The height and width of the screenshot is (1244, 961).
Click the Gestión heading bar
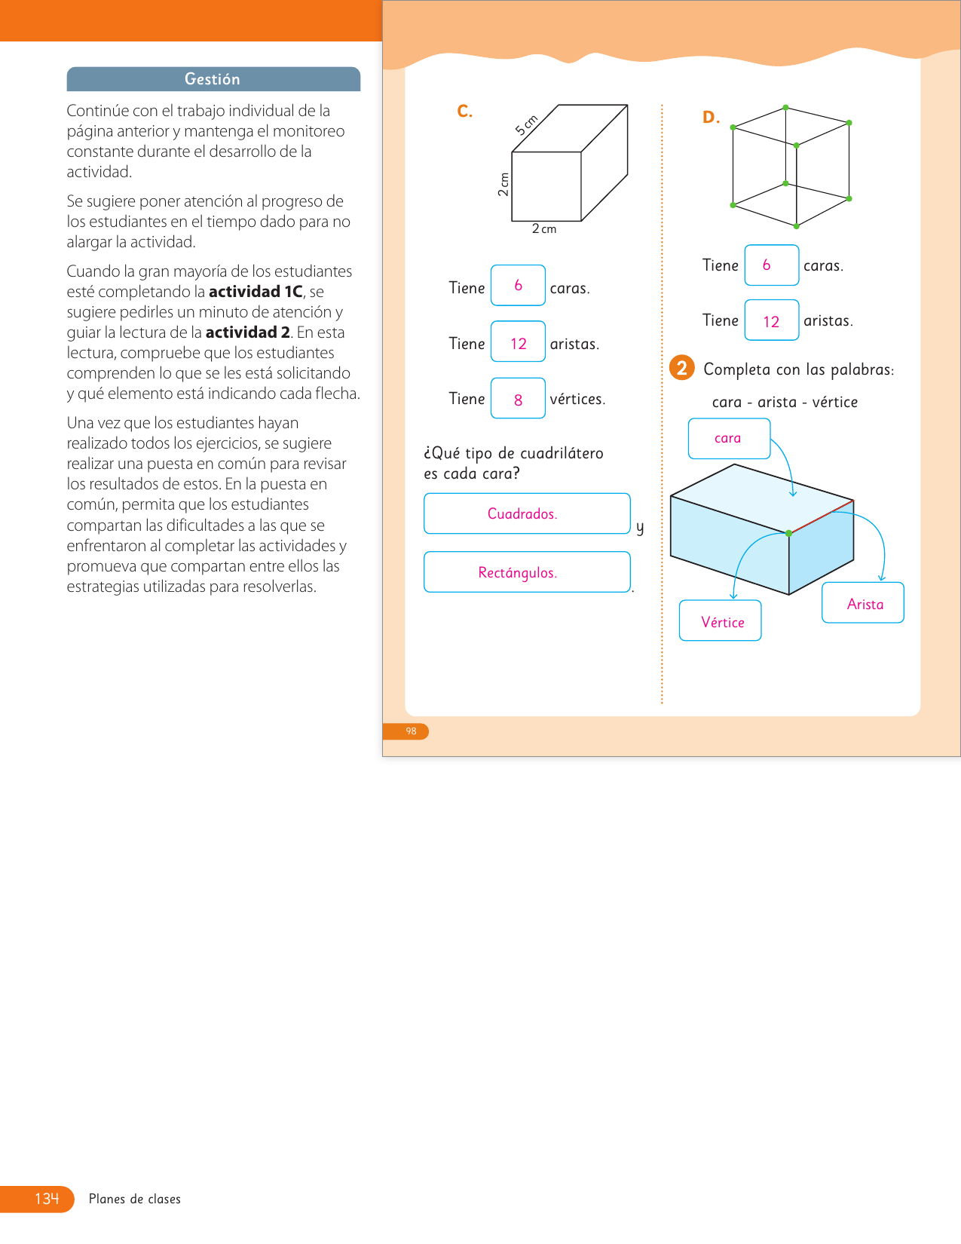pyautogui.click(x=213, y=79)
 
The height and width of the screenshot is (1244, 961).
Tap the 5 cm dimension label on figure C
pyautogui.click(x=526, y=124)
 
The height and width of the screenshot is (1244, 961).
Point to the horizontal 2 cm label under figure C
pyautogui.click(x=543, y=229)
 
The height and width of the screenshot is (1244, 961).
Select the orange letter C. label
pyautogui.click(x=465, y=112)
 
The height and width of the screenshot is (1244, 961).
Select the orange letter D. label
pyautogui.click(x=711, y=118)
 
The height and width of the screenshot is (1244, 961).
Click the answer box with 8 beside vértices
pyautogui.click(x=518, y=399)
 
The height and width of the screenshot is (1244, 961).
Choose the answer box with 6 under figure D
pyautogui.click(x=771, y=265)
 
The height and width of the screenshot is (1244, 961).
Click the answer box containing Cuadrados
pyautogui.click(x=526, y=513)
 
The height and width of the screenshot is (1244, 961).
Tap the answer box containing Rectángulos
pyautogui.click(x=526, y=572)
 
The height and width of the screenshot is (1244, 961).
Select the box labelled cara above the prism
pyautogui.click(x=729, y=439)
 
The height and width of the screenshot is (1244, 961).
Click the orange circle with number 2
pyautogui.click(x=682, y=368)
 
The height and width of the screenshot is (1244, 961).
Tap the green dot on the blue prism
pyautogui.click(x=789, y=533)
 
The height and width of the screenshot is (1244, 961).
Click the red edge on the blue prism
pyautogui.click(x=822, y=516)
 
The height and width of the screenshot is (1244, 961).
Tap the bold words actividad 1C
pyautogui.click(x=256, y=292)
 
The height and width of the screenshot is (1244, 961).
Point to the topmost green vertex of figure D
pyautogui.click(x=785, y=108)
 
